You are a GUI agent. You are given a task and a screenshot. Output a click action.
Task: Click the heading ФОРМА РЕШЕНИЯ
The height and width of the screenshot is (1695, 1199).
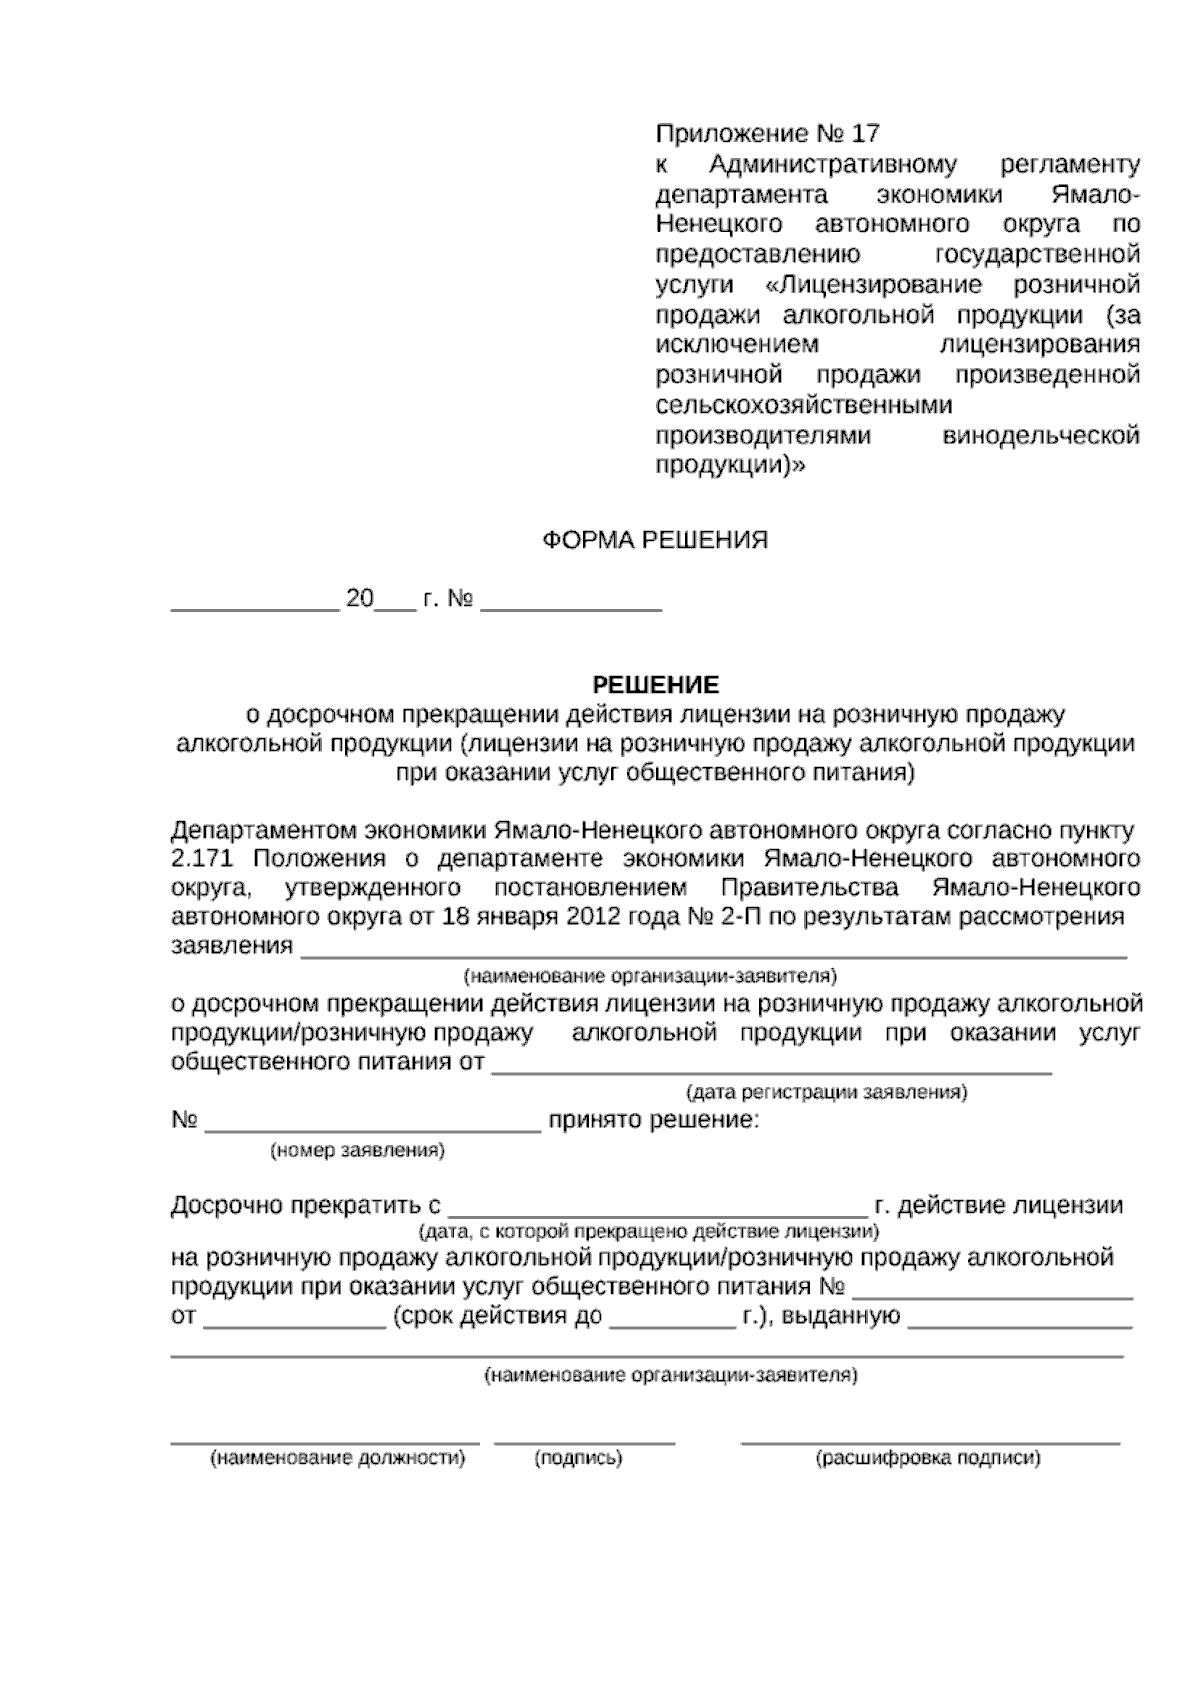click(x=654, y=541)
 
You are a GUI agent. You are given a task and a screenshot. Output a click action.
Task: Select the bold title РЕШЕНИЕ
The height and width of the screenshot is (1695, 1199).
click(x=655, y=685)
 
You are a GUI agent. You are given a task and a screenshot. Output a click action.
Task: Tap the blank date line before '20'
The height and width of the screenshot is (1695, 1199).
click(x=254, y=608)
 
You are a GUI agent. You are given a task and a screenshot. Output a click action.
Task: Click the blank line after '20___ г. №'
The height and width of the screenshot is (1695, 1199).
click(x=571, y=608)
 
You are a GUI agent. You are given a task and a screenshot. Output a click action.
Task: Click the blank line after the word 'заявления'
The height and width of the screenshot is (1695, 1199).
click(x=713, y=955)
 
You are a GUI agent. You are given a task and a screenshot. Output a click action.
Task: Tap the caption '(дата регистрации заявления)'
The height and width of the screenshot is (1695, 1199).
click(x=826, y=1092)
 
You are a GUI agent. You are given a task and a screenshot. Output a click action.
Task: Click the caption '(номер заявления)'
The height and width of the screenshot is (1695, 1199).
click(x=357, y=1150)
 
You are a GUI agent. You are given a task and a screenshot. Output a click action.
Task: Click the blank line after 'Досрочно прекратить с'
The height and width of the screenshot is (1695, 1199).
click(x=657, y=1210)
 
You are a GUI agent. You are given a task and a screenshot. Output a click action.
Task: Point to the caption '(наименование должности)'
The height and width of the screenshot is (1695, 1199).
click(x=337, y=1458)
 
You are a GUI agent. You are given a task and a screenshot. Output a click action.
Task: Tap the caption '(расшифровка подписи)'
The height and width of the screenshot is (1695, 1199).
click(x=929, y=1458)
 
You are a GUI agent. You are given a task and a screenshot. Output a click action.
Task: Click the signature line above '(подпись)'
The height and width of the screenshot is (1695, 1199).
click(x=585, y=1442)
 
